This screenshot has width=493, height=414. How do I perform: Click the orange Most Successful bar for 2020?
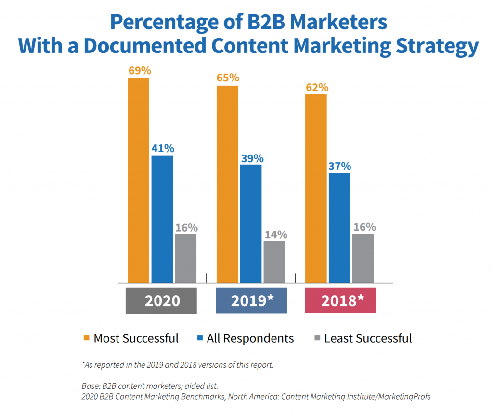[138, 180]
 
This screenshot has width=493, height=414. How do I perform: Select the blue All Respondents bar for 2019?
[251, 223]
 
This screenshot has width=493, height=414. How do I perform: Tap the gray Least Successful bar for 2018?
[363, 258]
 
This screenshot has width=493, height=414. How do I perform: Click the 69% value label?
[140, 70]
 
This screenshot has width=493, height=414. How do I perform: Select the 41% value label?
[162, 149]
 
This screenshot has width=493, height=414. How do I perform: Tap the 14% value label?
[275, 234]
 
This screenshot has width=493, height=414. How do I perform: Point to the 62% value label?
[317, 87]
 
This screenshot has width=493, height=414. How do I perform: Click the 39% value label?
[252, 158]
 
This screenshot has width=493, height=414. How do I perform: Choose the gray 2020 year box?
[161, 300]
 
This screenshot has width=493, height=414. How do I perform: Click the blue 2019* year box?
[251, 300]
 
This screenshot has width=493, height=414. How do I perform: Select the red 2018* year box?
[340, 300]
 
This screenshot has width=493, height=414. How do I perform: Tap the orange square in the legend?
[87, 338]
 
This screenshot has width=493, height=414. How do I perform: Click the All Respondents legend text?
[250, 338]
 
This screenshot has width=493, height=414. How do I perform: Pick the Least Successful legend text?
[368, 338]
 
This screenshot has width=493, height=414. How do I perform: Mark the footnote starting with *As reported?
[178, 364]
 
